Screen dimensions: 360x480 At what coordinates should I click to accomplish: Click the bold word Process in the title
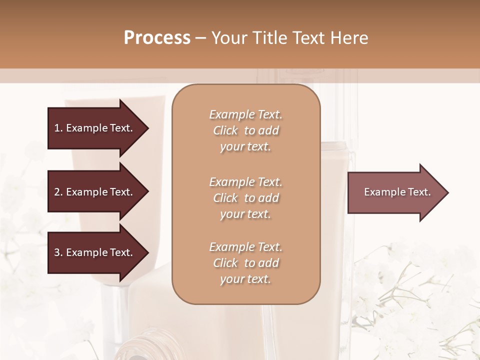157,38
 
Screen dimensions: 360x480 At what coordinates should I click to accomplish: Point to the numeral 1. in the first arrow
58,128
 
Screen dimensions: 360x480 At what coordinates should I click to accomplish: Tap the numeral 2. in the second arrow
58,192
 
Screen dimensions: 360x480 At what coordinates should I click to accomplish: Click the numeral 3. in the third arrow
58,252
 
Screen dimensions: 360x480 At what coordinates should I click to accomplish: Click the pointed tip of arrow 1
147,128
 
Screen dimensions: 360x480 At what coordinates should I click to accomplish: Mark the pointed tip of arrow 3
147,252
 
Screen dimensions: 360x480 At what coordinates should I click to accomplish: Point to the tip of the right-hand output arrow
447,192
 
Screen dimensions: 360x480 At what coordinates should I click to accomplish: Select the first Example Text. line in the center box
245,114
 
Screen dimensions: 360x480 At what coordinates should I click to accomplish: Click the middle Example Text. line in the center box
245,181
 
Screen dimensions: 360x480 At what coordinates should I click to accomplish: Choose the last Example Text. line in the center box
245,247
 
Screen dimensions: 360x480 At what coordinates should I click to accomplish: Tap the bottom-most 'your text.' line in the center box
245,279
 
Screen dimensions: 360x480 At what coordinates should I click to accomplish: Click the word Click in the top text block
225,130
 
